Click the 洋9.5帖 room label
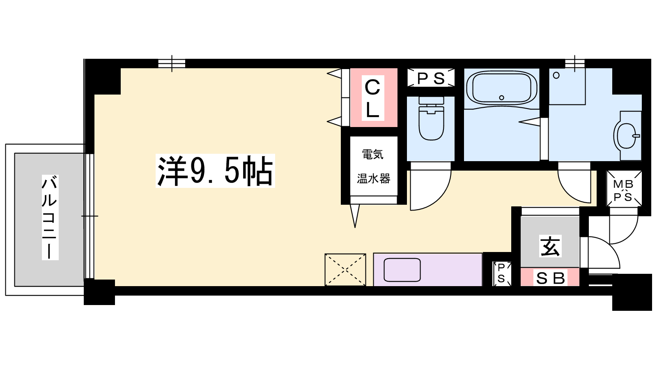click(215, 171)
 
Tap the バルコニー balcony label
click(50, 217)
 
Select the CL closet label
click(373, 98)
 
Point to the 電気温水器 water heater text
click(373, 166)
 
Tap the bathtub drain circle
click(501, 98)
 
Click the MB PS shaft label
click(624, 191)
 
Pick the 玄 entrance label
click(550, 246)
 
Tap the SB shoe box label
click(550, 278)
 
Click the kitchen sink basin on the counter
click(402, 270)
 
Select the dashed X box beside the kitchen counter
click(345, 270)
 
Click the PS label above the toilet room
click(431, 79)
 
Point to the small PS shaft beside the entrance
click(501, 273)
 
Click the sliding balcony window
click(90, 216)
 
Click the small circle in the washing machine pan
click(556, 76)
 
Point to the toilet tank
click(431, 100)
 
